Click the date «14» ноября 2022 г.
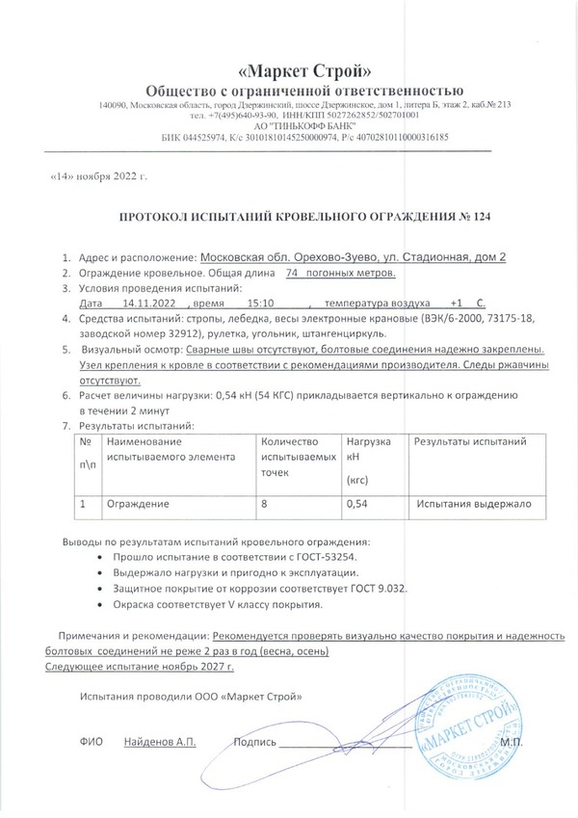[x=96, y=178]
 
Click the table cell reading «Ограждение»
[x=138, y=503]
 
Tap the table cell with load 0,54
[x=356, y=503]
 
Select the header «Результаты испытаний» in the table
[x=469, y=441]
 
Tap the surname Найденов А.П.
[x=159, y=743]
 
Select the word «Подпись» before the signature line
[x=255, y=743]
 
